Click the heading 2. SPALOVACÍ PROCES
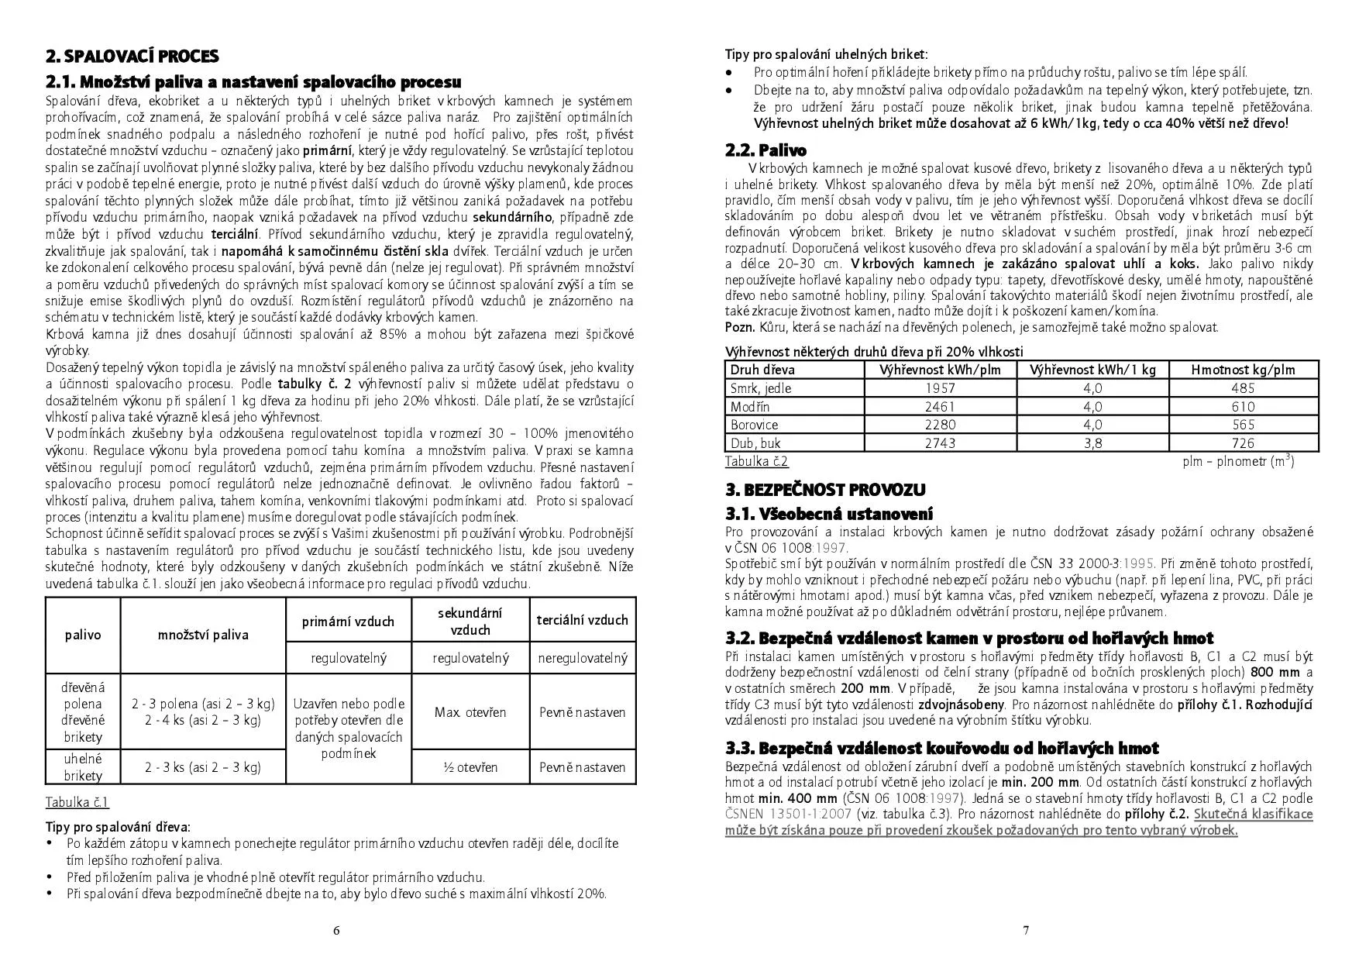click(x=132, y=56)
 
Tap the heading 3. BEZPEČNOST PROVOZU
click(x=825, y=490)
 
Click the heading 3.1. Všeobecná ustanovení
click(x=829, y=514)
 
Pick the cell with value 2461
click(x=941, y=407)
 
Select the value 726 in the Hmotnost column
click(x=1243, y=443)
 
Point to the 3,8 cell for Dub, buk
click(x=1092, y=443)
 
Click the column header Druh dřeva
click(x=762, y=370)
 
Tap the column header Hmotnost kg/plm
click(x=1243, y=370)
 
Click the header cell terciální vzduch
click(x=582, y=620)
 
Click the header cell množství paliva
click(x=203, y=635)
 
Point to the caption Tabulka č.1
click(x=77, y=802)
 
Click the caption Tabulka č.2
click(x=756, y=462)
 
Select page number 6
click(x=335, y=931)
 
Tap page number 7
click(x=1026, y=931)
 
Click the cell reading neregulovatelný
click(x=582, y=658)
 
